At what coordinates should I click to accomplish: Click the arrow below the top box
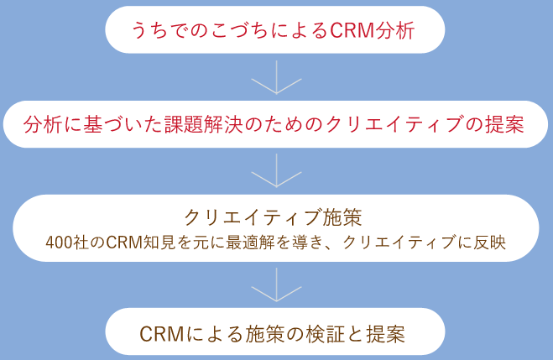tap(276, 82)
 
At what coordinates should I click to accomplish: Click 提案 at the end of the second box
tap(504, 125)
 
